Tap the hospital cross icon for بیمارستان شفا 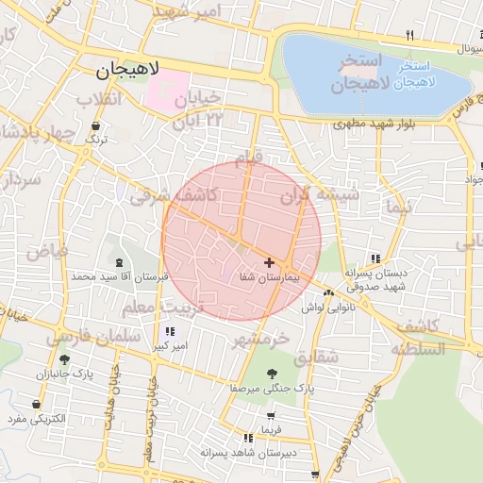[x=270, y=261]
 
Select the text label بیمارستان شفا [x=271, y=278]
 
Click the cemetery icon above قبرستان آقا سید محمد [x=119, y=263]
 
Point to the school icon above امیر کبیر [x=170, y=331]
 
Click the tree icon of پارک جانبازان [x=63, y=359]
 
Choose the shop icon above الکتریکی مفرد [x=36, y=405]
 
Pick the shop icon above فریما [x=272, y=415]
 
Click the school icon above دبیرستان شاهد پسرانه [x=248, y=438]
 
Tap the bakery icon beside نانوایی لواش [x=327, y=293]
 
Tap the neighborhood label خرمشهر [x=259, y=336]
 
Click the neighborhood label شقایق [x=316, y=358]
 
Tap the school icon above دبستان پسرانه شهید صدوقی [x=375, y=258]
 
